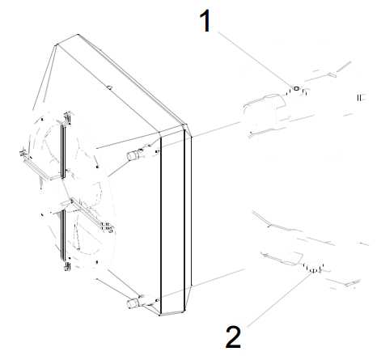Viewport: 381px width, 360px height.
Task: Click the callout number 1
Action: [205, 21]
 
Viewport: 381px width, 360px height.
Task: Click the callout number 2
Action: [234, 337]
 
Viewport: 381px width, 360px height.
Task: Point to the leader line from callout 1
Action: [255, 59]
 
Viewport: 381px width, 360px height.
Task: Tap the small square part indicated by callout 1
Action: [297, 88]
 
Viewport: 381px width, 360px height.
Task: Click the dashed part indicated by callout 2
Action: [313, 268]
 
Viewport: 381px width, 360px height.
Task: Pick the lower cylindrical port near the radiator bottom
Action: [133, 303]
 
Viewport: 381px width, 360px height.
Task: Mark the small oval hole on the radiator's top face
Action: [109, 87]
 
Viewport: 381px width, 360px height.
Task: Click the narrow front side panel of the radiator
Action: [172, 220]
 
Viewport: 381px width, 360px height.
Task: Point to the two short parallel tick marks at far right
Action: [359, 98]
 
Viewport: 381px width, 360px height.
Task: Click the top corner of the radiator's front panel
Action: [185, 125]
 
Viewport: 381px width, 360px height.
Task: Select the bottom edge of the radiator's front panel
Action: [172, 314]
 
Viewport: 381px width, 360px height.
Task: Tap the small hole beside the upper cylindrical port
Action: [157, 152]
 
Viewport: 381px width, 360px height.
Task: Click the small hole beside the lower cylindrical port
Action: [157, 300]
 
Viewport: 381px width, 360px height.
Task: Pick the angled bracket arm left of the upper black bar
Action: [40, 168]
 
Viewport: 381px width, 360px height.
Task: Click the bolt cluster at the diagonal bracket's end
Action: [107, 227]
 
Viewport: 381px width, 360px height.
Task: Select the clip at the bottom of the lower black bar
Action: [67, 267]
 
